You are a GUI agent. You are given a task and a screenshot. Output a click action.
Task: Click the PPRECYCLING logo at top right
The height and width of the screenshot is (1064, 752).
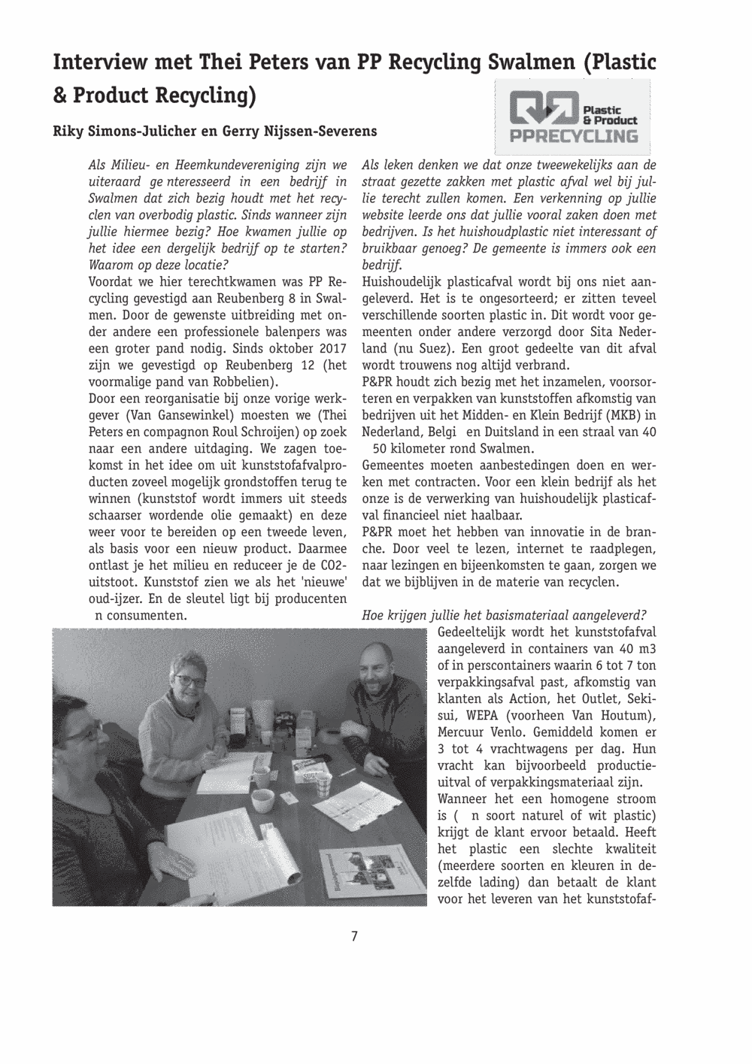coord(574,117)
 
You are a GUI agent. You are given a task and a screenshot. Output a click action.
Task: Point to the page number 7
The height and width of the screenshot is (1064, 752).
coord(354,937)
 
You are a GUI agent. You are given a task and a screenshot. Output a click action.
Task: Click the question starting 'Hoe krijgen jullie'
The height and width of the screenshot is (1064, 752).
coord(504,615)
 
